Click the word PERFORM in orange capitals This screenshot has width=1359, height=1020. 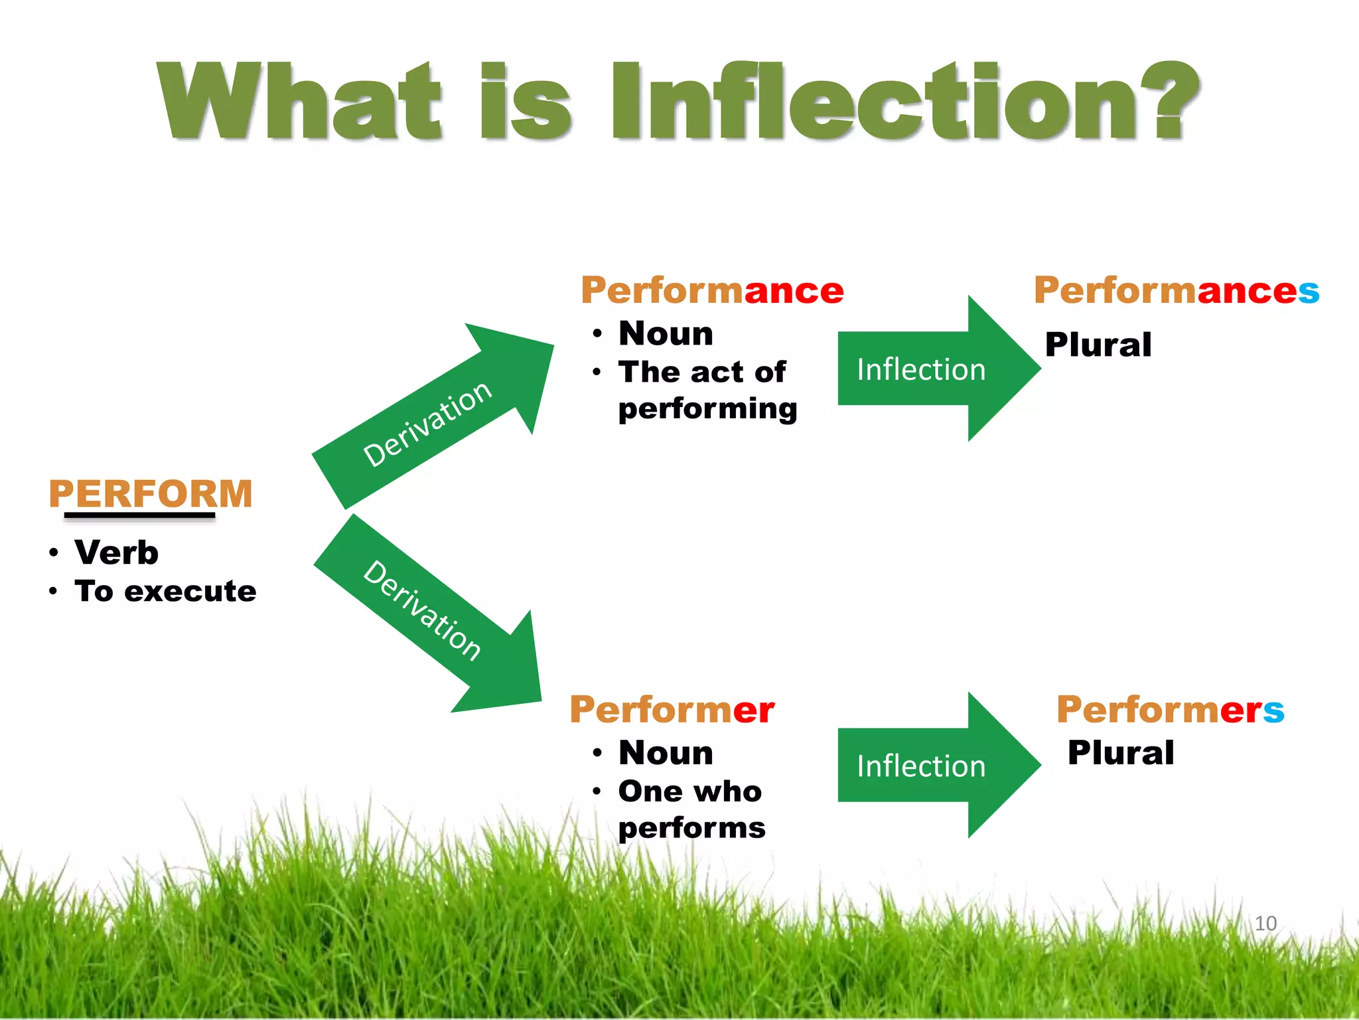(x=151, y=494)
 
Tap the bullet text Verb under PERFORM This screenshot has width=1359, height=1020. (x=116, y=552)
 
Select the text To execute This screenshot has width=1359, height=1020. (x=165, y=591)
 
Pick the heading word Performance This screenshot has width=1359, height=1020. (x=712, y=291)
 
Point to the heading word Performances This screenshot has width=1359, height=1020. (x=1176, y=291)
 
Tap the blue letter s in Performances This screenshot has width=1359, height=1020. (x=1309, y=292)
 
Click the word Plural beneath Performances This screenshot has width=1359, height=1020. (x=1098, y=345)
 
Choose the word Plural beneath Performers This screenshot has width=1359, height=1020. (x=1121, y=752)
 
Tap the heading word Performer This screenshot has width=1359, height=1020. (x=672, y=710)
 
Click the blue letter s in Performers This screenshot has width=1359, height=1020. (x=1273, y=711)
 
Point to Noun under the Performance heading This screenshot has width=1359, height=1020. (x=666, y=333)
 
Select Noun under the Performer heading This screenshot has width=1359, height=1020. (x=666, y=753)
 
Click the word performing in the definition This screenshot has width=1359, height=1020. (x=707, y=408)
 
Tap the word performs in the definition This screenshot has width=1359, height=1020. (x=691, y=828)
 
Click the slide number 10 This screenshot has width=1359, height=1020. (x=1265, y=923)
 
